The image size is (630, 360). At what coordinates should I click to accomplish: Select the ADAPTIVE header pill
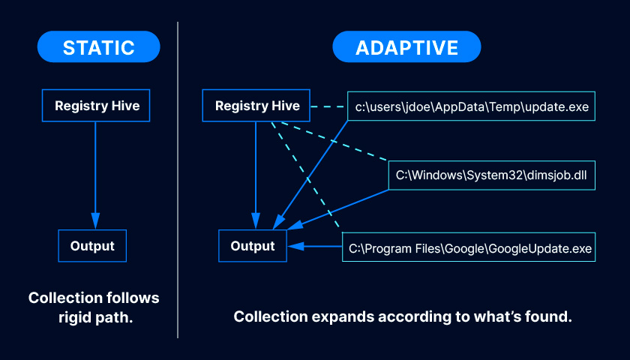click(x=406, y=47)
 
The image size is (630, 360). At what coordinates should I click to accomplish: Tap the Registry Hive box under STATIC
click(x=97, y=106)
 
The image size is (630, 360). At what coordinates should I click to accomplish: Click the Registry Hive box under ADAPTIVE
click(x=257, y=106)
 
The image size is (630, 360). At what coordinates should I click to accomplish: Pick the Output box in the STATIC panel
click(x=92, y=246)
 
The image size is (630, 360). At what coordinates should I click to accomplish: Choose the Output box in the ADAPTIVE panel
click(x=253, y=246)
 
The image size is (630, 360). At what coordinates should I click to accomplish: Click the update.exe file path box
click(x=472, y=106)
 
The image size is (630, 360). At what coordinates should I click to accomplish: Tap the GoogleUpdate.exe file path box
click(x=469, y=247)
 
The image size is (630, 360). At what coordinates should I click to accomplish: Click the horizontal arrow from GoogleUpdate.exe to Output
click(x=315, y=246)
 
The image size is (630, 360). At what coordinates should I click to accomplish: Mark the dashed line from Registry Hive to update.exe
click(x=328, y=106)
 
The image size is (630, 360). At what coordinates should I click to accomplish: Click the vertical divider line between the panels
click(x=178, y=180)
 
